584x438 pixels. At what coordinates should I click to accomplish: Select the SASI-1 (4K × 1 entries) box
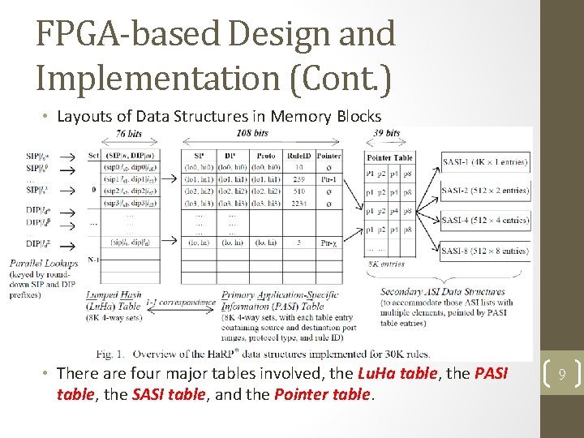[486, 161]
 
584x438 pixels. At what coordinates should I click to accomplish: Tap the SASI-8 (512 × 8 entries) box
[486, 251]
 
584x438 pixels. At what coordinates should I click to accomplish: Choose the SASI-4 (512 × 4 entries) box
[486, 220]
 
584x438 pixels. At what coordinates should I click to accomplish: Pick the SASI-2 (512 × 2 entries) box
[486, 191]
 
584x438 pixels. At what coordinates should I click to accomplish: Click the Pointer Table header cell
[390, 157]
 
